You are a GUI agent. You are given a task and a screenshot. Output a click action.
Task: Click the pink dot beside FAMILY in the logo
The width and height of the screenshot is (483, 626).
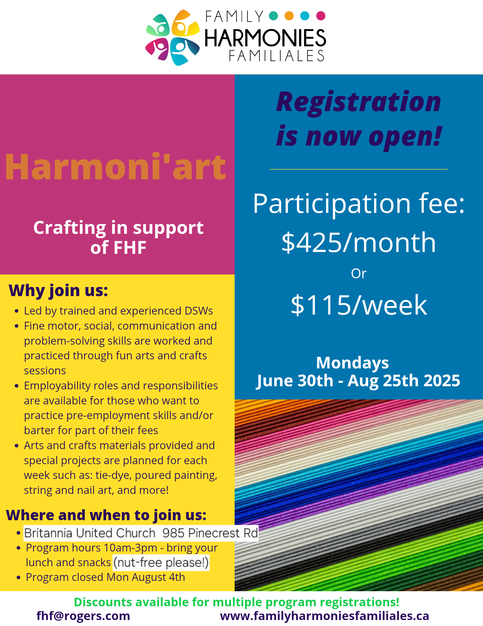coord(321,16)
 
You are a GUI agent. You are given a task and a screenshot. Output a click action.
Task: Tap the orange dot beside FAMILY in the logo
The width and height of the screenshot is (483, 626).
coord(289,16)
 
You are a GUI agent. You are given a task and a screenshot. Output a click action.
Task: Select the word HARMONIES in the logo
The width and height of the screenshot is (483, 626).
coord(265,38)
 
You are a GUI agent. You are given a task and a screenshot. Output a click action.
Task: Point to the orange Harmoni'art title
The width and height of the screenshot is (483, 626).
coord(115,167)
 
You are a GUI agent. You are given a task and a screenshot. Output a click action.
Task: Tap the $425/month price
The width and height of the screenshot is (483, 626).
coord(358,242)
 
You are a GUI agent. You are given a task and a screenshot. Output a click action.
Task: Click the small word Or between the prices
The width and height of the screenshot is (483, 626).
coord(358,274)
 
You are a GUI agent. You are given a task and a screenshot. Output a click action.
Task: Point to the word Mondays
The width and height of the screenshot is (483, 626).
coord(353,363)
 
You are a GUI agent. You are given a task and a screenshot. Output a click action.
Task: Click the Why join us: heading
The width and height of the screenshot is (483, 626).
coord(58,290)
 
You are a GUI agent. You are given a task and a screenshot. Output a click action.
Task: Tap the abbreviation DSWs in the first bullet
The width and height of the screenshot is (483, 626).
coord(199,311)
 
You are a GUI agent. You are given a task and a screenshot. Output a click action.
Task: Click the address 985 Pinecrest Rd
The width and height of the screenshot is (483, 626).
coord(210,533)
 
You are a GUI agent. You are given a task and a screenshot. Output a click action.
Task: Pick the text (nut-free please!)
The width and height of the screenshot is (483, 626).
coord(161,562)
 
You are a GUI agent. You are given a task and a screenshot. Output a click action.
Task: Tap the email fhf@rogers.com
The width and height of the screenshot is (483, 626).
coord(83,616)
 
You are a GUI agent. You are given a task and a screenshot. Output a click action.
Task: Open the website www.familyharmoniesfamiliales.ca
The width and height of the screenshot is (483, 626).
coord(324,616)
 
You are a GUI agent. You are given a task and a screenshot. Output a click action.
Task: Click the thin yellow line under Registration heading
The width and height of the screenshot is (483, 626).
coord(358,169)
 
